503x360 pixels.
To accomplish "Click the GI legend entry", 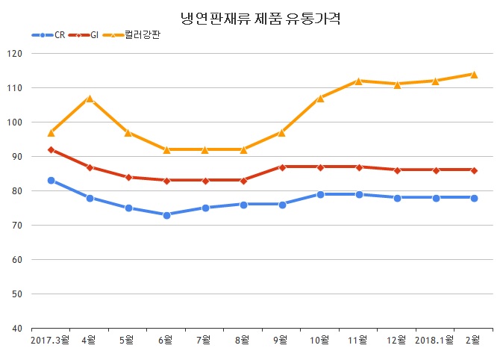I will [x=94, y=34].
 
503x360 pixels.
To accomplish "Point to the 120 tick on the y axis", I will [x=15, y=54].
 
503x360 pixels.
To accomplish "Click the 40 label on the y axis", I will [x=17, y=329].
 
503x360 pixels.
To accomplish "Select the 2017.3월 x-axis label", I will [x=50, y=341].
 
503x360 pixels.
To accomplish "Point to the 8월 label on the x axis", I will [x=243, y=341].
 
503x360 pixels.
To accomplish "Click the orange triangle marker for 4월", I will [x=90, y=99].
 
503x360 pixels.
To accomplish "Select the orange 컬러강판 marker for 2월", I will [x=473, y=74].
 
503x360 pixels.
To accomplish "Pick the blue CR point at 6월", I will [x=166, y=215].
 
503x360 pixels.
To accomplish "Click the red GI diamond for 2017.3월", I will [x=51, y=150].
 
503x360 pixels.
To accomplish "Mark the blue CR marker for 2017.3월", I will [x=51, y=181].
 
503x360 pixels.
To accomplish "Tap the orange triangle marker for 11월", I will [x=359, y=81].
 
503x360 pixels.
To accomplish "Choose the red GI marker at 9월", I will [x=282, y=167].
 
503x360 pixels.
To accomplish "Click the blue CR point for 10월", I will [x=320, y=194].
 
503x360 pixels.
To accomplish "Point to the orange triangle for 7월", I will [x=205, y=149].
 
